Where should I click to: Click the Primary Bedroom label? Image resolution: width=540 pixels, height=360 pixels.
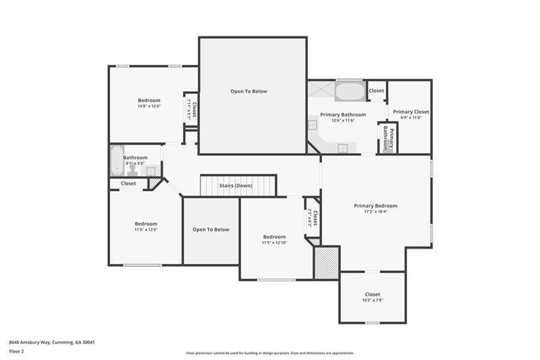(x=375, y=205)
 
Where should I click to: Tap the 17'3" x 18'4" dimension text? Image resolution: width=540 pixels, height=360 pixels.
(x=375, y=212)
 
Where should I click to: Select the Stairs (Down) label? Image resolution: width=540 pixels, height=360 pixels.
(x=235, y=185)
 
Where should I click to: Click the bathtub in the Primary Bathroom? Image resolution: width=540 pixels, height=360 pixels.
(x=349, y=91)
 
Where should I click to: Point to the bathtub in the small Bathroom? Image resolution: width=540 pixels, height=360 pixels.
(x=116, y=160)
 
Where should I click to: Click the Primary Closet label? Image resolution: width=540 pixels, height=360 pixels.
(x=411, y=111)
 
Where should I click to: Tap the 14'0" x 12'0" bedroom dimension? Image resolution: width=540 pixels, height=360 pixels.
(x=149, y=106)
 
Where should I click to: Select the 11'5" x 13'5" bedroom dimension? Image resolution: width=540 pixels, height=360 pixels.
(x=146, y=230)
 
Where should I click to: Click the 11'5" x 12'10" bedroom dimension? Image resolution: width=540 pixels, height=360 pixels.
(x=274, y=242)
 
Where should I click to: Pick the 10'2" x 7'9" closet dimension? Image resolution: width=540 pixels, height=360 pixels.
(x=373, y=300)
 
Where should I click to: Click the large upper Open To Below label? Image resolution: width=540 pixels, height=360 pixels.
(x=248, y=91)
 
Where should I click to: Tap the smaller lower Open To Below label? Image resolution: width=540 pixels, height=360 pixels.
(x=211, y=230)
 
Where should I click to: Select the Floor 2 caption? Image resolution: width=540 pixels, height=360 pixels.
(x=17, y=351)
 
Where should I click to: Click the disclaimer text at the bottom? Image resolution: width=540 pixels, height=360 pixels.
(x=270, y=353)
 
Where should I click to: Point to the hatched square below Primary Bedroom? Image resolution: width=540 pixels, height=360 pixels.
(x=327, y=263)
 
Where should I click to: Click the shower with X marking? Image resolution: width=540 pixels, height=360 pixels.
(x=320, y=91)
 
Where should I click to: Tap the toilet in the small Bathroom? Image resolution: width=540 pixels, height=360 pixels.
(x=133, y=169)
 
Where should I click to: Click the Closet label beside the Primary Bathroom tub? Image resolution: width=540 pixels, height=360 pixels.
(x=377, y=90)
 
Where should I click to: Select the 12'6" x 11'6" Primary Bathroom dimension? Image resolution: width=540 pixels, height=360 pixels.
(x=343, y=121)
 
